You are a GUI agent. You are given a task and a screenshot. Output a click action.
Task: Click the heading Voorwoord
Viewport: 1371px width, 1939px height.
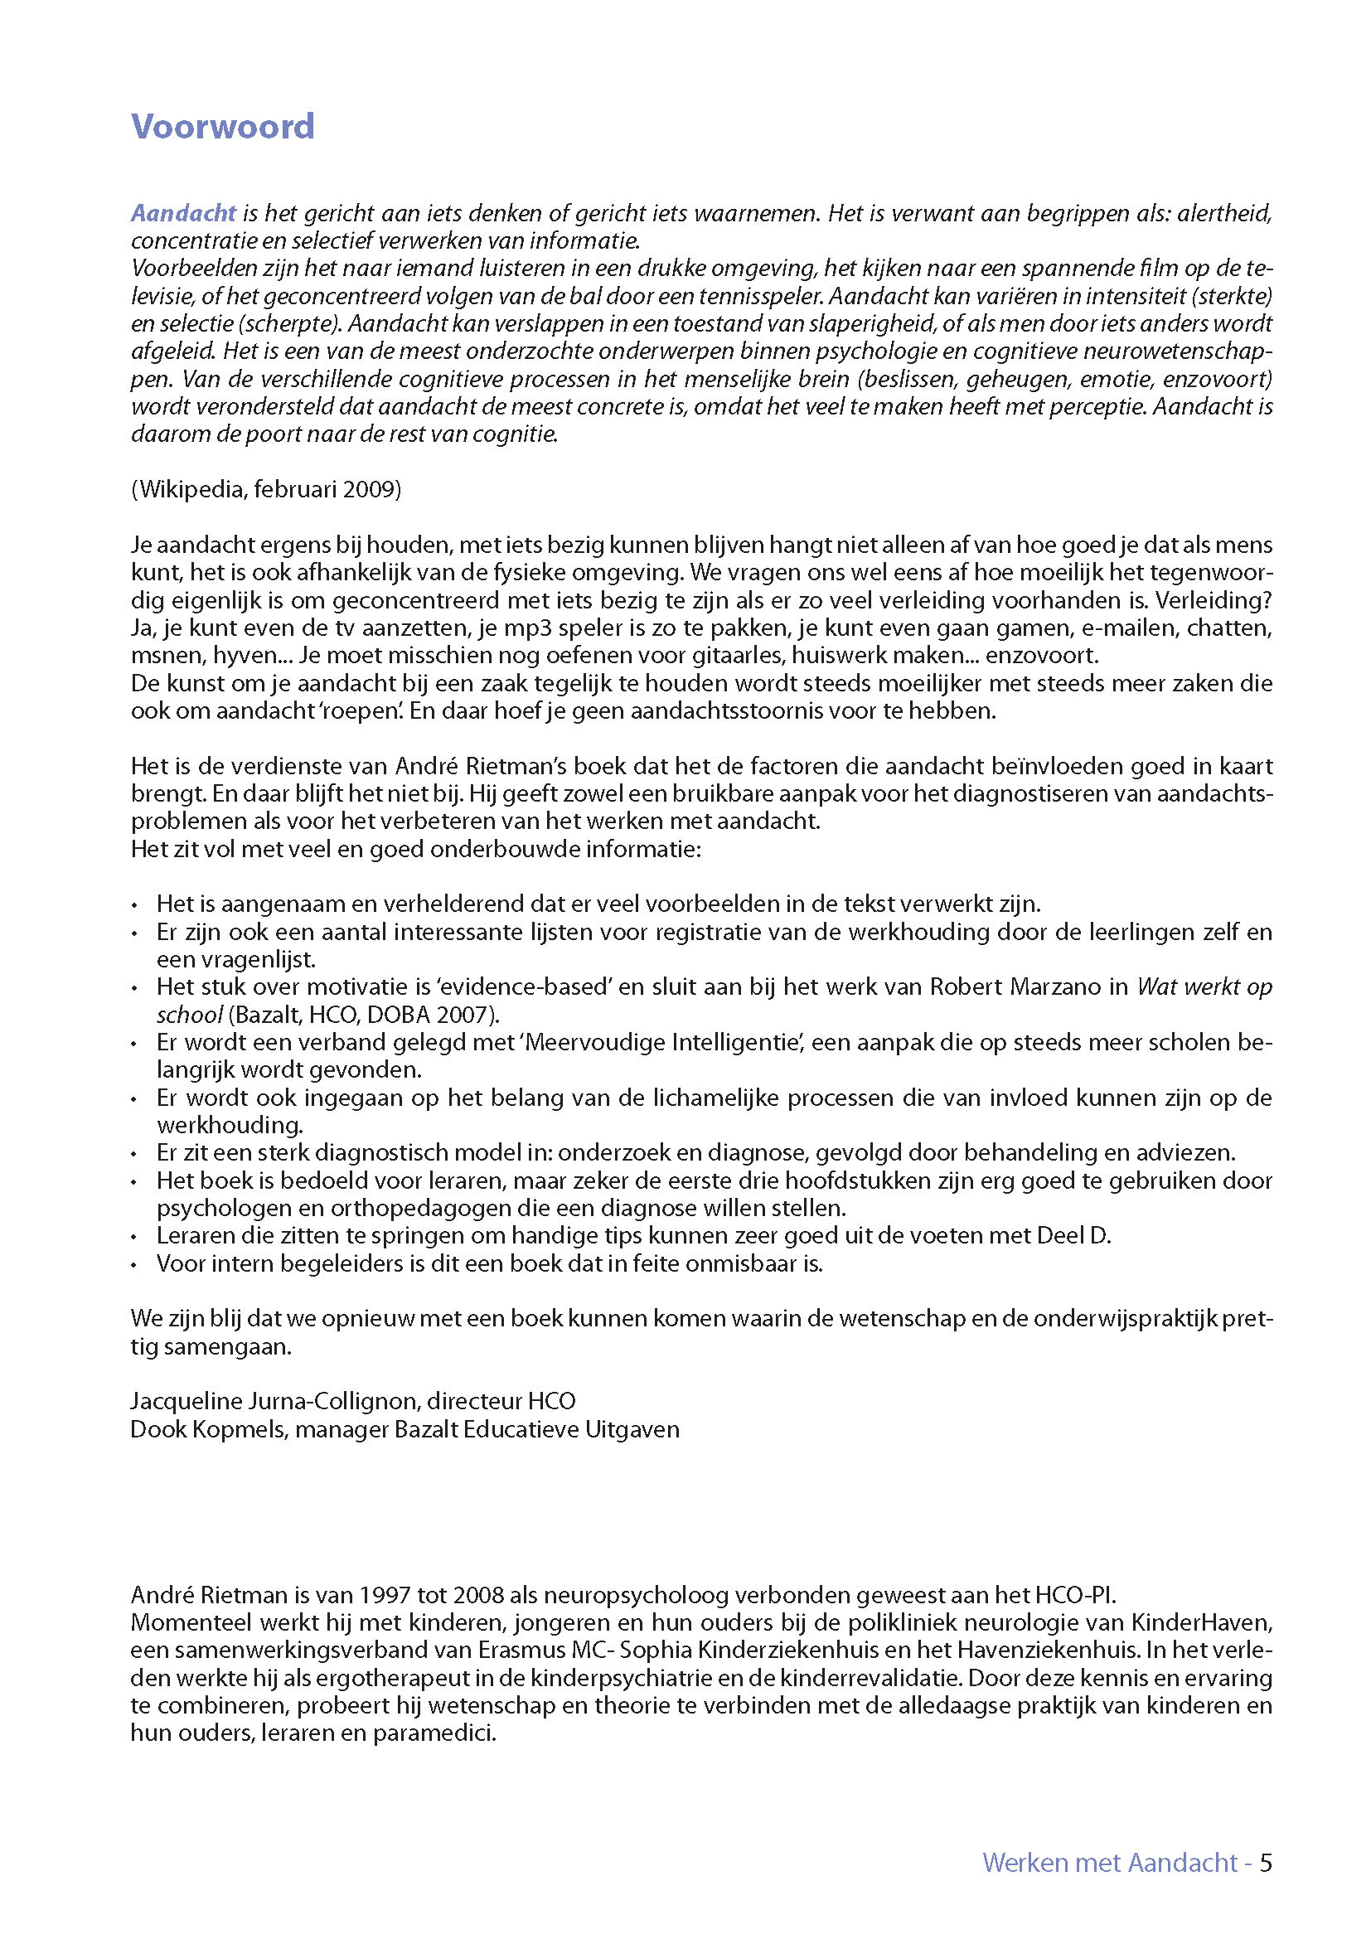[x=223, y=127]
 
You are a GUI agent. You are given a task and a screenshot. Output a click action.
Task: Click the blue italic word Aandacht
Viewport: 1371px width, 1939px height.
[x=183, y=213]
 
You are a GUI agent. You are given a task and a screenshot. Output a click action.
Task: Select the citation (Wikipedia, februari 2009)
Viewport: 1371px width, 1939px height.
[x=266, y=490]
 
